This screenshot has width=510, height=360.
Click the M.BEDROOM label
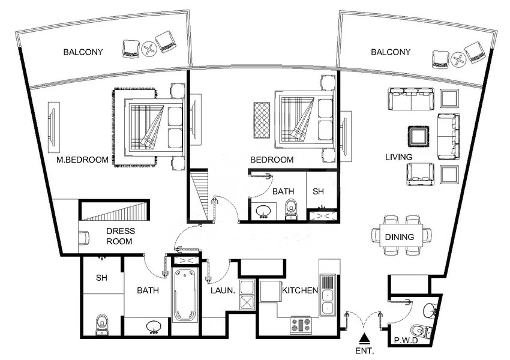pyautogui.click(x=82, y=160)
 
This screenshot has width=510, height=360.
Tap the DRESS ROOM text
pyautogui.click(x=121, y=236)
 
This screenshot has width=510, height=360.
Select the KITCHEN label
pyautogui.click(x=299, y=290)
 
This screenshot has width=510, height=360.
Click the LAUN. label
pyautogui.click(x=223, y=290)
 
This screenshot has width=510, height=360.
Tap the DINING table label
pyautogui.click(x=400, y=237)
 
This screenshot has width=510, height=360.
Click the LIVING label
pyautogui.click(x=398, y=157)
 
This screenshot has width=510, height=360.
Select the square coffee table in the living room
pyautogui.click(x=418, y=136)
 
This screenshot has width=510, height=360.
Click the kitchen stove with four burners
pyautogui.click(x=301, y=325)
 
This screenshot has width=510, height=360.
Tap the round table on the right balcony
pyautogui.click(x=458, y=58)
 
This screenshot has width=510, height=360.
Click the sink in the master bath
pyautogui.click(x=153, y=326)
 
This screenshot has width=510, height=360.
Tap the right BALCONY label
pyautogui.click(x=391, y=52)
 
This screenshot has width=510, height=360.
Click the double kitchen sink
pyautogui.click(x=328, y=300)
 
